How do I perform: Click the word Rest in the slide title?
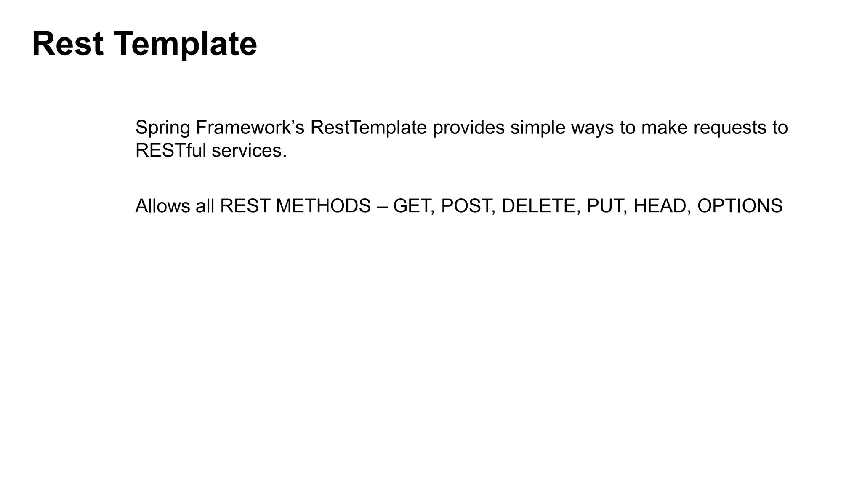tap(67, 44)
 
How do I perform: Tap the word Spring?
tap(162, 128)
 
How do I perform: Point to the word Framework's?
tap(250, 127)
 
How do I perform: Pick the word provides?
tap(468, 128)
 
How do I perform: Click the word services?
tap(249, 150)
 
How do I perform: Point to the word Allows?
tap(162, 206)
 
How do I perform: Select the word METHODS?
tap(323, 206)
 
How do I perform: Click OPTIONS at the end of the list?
tap(740, 206)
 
